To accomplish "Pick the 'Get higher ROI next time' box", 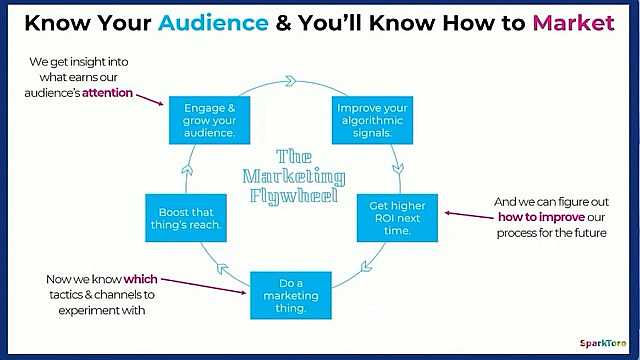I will tap(397, 216).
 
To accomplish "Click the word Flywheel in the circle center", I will tap(294, 193).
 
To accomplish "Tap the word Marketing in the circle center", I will tap(294, 174).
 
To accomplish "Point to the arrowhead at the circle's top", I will tap(290, 80).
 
